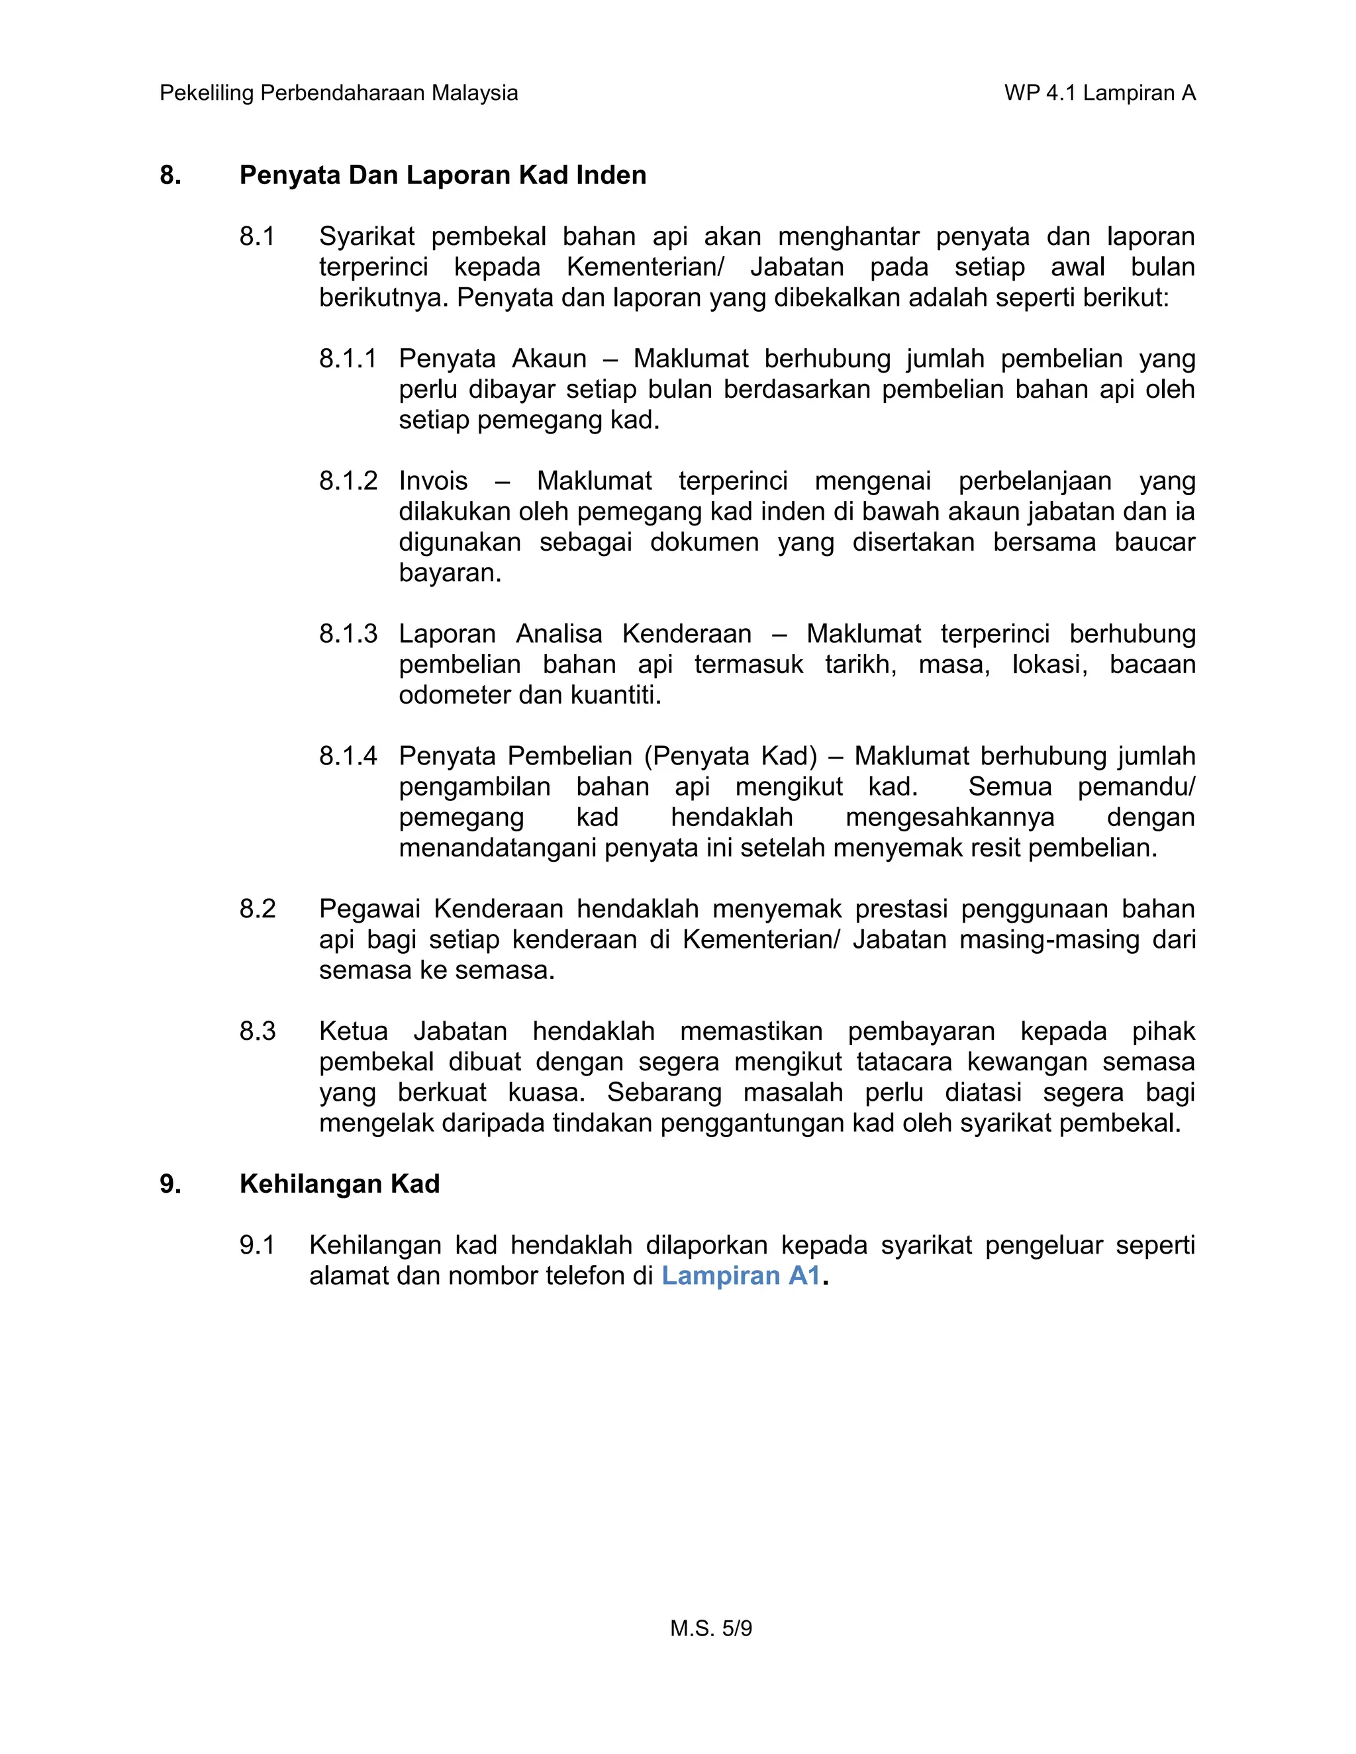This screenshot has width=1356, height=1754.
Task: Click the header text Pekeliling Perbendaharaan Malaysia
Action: click(338, 93)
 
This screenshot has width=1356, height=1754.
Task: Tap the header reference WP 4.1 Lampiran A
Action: click(1100, 93)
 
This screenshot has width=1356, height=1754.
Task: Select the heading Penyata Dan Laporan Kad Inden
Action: click(443, 175)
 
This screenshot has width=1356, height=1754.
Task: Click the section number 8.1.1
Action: click(348, 358)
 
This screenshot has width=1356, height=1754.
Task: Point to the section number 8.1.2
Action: click(348, 481)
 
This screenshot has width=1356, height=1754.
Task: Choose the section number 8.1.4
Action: click(348, 756)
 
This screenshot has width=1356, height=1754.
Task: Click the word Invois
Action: click(433, 481)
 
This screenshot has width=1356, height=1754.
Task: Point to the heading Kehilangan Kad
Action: click(339, 1184)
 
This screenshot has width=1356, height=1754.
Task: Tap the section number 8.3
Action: click(257, 1031)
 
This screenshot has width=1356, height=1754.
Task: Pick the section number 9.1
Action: click(257, 1245)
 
